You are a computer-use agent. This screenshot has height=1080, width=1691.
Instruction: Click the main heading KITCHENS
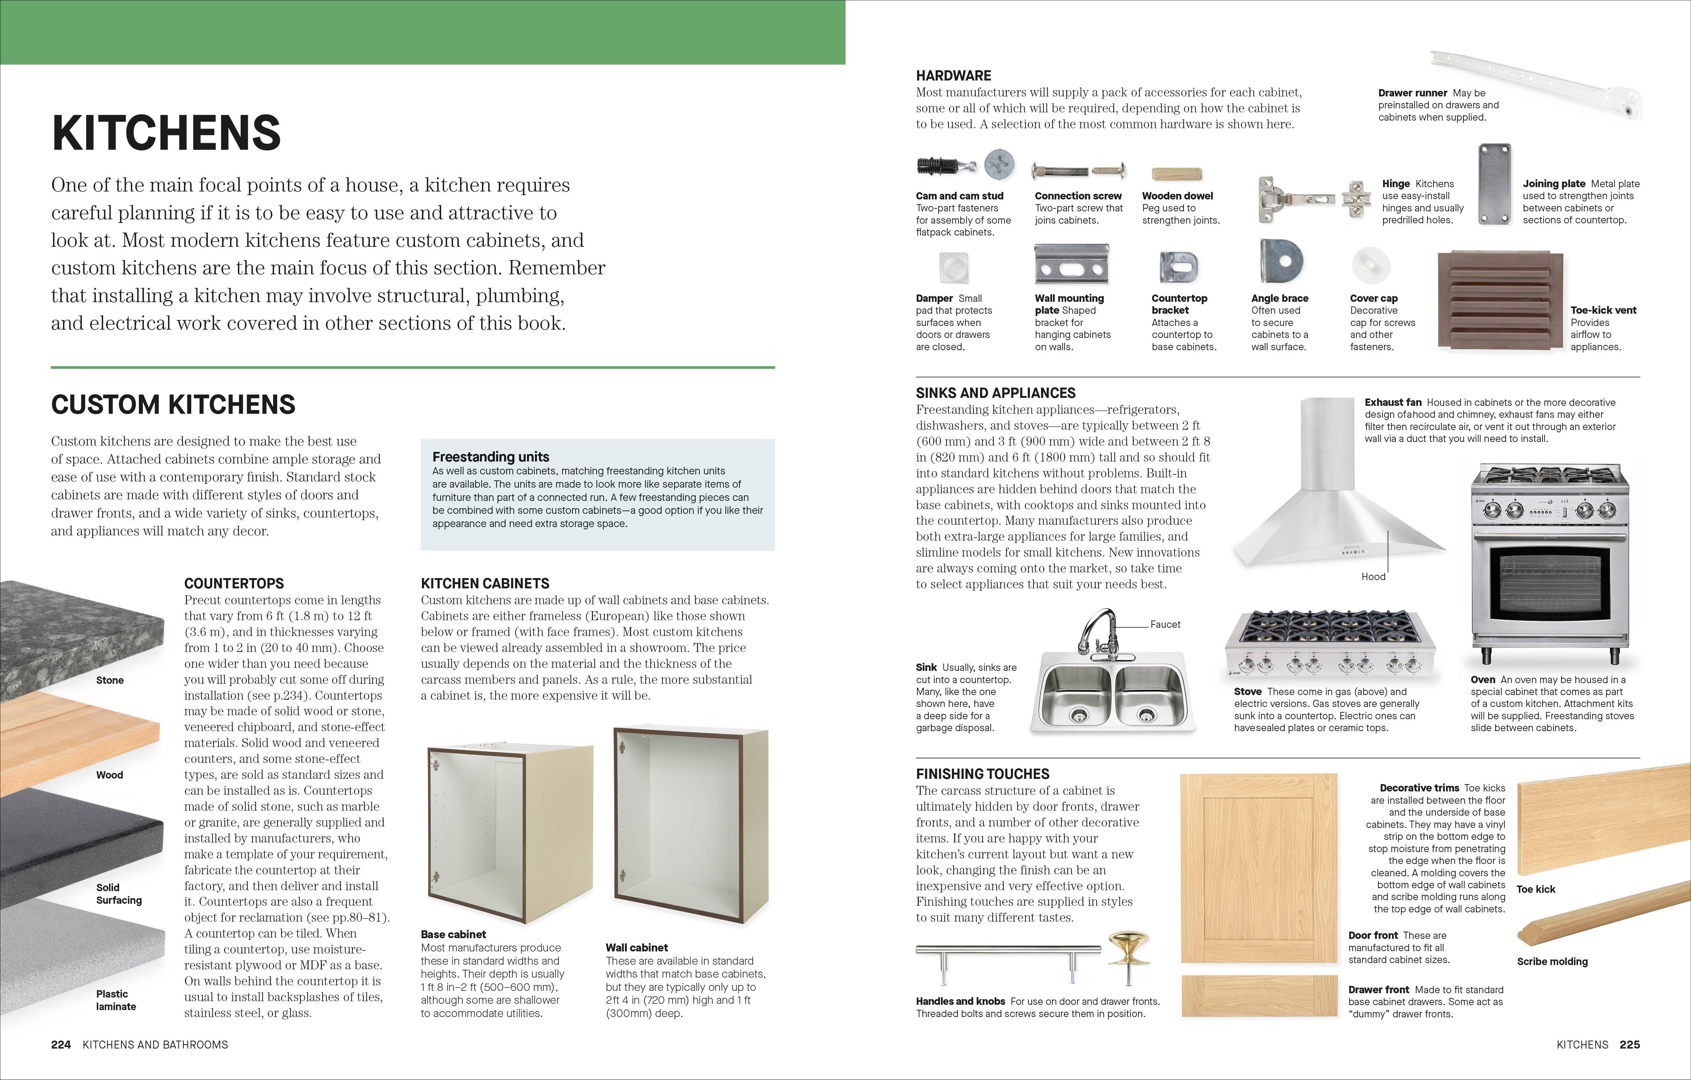tap(166, 133)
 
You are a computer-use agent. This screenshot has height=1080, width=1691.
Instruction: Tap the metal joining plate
tap(1494, 184)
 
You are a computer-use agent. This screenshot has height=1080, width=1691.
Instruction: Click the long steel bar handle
tap(1008, 951)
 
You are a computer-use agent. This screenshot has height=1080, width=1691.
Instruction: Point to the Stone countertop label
tap(110, 680)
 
